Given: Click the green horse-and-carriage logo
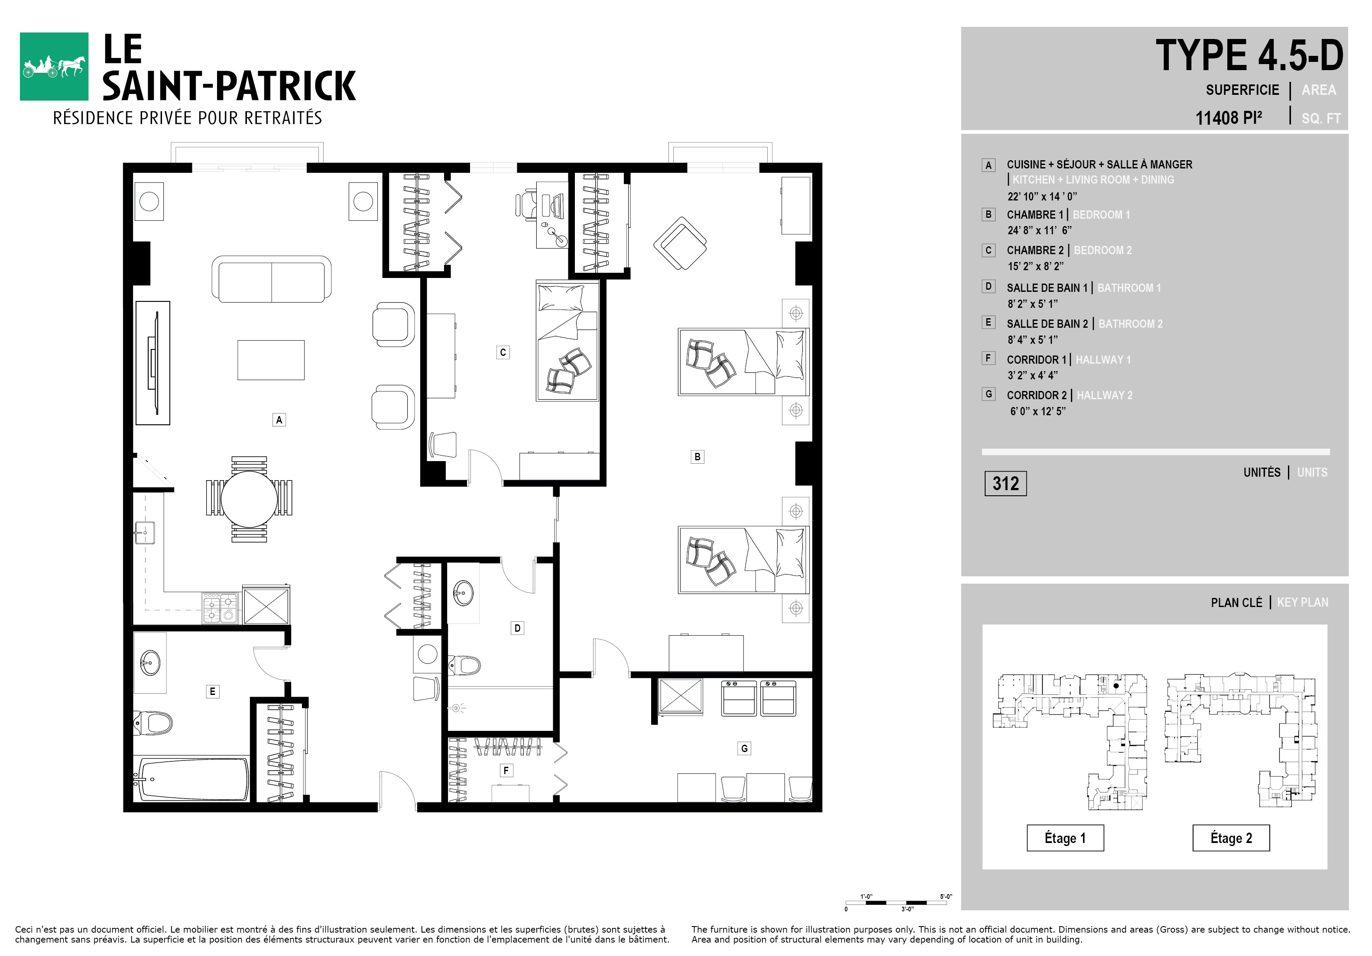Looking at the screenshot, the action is coord(55,66).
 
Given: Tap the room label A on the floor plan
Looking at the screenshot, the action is coord(279,420).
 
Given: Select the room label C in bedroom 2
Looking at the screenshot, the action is coord(503,352).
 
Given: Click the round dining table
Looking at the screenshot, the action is coord(249,499).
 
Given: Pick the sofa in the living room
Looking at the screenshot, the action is coord(272,279).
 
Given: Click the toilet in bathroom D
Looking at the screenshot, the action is coord(464,665).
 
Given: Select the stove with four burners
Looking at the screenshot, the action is coord(221,607).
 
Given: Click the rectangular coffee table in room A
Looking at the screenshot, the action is coord(271,360).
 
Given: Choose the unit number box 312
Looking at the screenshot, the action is coord(1005,484).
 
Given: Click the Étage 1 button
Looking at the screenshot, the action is coord(1065,838).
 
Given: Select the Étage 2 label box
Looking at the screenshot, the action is coord(1231,838).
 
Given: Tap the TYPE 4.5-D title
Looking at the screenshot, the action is coord(1249,55).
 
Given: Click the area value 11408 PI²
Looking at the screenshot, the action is coord(1229,118).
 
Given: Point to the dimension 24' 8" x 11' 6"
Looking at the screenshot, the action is coord(1040,230).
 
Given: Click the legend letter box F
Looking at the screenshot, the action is coord(988,358).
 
